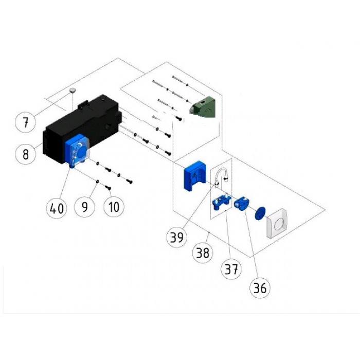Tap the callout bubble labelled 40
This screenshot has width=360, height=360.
[56, 208]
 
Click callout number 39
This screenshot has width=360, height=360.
[177, 238]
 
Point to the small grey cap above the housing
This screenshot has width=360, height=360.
[73, 91]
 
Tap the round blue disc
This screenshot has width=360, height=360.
[260, 212]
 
